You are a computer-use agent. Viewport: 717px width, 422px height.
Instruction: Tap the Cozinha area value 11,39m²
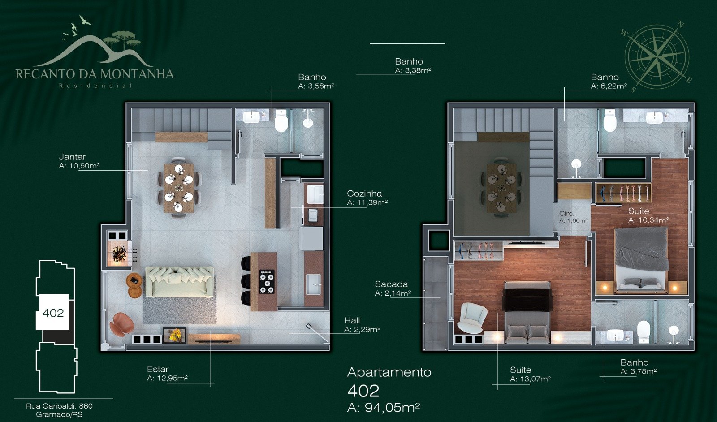pos(367,202)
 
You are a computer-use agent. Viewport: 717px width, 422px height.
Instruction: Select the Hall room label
pos(352,321)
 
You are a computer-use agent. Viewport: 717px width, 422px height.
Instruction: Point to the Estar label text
pos(158,369)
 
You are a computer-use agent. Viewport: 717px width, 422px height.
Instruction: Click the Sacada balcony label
pos(391,284)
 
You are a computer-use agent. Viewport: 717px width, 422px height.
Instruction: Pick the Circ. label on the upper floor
pos(566,214)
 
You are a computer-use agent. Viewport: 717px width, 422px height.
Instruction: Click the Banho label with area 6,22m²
pos(605,77)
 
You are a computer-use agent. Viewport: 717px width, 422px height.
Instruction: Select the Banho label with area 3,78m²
pos(635,362)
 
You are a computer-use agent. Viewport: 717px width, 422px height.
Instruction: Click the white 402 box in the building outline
pos(52,312)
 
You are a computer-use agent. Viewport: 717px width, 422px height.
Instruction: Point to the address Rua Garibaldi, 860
pos(59,406)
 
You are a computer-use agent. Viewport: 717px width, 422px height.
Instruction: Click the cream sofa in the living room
pos(179,282)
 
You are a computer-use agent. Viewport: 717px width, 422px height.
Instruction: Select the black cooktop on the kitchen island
pos(267,281)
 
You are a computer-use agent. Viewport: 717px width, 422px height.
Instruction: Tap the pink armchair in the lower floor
pos(121,324)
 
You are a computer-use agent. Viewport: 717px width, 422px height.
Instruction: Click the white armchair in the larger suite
pos(472,317)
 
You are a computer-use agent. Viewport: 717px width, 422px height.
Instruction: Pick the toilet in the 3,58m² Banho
pos(281,121)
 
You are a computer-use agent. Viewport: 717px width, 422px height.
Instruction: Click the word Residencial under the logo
pos(95,86)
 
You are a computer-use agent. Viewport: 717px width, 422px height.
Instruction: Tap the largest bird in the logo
pos(85,20)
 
